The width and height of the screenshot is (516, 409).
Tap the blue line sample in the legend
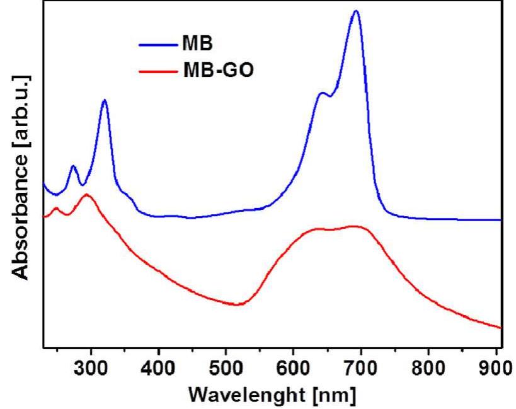tap(156, 45)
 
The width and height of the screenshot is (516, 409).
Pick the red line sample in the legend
tap(156, 70)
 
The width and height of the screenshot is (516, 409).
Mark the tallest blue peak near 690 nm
tap(356, 11)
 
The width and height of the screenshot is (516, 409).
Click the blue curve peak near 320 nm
tap(104, 100)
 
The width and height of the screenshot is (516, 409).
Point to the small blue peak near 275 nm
tap(73, 166)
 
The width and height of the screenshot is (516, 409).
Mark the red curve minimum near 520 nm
tap(236, 304)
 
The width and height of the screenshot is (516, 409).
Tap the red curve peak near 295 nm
tap(86, 195)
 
